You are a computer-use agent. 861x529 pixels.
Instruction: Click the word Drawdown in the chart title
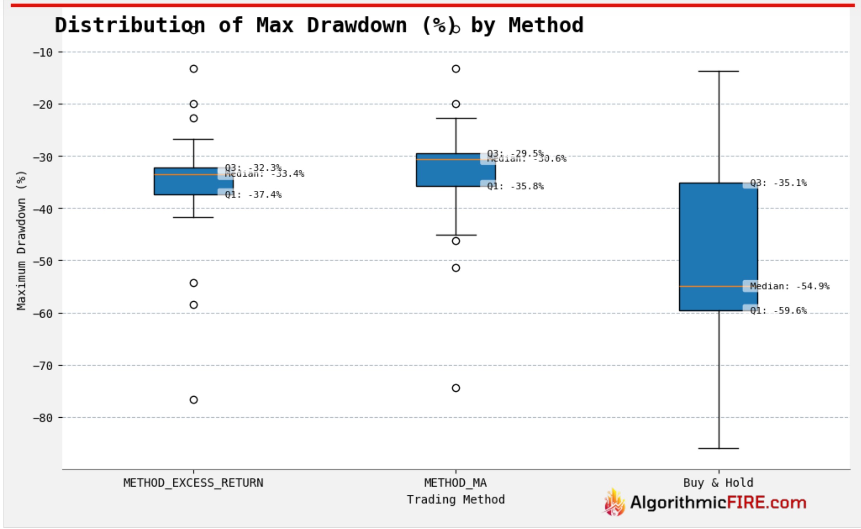(356, 25)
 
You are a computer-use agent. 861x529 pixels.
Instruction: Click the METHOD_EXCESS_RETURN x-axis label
(193, 483)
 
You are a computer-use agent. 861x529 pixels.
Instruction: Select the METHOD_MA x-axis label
(455, 483)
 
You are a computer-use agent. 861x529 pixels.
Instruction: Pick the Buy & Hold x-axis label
(718, 483)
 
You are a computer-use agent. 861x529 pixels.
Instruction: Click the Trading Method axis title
(455, 499)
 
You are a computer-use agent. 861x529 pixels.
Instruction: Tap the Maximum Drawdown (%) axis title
(21, 241)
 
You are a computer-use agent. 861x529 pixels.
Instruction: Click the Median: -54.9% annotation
(789, 286)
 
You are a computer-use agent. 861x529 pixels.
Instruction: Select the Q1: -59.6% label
(778, 311)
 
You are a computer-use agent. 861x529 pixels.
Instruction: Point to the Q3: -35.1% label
(778, 183)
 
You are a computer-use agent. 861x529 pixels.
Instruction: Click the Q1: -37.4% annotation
(253, 195)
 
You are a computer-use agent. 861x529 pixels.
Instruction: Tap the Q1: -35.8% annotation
(515, 186)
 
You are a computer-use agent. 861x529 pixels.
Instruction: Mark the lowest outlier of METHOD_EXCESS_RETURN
(194, 400)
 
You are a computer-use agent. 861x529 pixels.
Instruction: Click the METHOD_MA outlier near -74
(456, 388)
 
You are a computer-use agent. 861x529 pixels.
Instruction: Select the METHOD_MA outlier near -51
(456, 268)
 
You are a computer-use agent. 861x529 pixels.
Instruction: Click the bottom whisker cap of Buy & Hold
(718, 449)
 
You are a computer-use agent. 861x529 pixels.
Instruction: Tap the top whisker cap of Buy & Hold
(718, 71)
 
